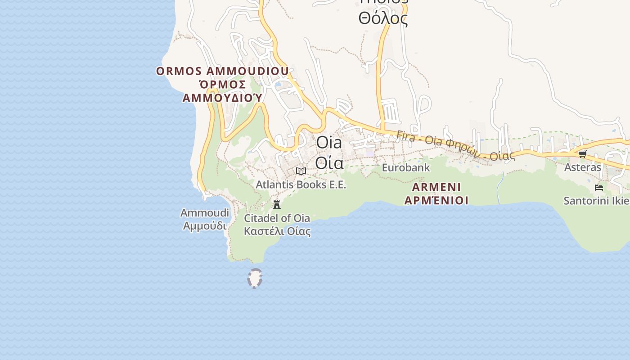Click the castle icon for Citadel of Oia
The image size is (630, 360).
pyautogui.click(x=277, y=204)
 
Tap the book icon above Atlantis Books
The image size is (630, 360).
pyautogui.click(x=301, y=171)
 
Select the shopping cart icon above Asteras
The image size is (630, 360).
pyautogui.click(x=582, y=154)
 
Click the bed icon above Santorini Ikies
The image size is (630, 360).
pyautogui.click(x=598, y=187)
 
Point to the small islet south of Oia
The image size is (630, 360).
pyautogui.click(x=255, y=278)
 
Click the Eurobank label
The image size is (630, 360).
pyautogui.click(x=406, y=168)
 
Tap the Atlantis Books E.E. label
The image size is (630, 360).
pyautogui.click(x=301, y=184)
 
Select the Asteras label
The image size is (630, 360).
pyautogui.click(x=583, y=167)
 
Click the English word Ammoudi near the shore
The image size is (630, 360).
pyautogui.click(x=205, y=213)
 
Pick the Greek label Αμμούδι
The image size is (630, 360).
pyautogui.click(x=205, y=225)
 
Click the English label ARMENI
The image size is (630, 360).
pyautogui.click(x=436, y=187)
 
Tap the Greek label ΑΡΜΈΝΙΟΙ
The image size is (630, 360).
pyautogui.click(x=436, y=200)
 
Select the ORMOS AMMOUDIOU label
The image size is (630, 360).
pyautogui.click(x=222, y=71)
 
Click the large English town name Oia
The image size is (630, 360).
pyautogui.click(x=329, y=143)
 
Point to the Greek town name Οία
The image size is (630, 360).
pyautogui.click(x=329, y=162)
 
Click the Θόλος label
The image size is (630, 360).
pyautogui.click(x=383, y=19)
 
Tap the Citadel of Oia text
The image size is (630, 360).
pyautogui.click(x=277, y=218)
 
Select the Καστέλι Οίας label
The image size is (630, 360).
pyautogui.click(x=277, y=231)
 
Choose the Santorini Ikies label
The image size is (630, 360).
pyautogui.click(x=596, y=201)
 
